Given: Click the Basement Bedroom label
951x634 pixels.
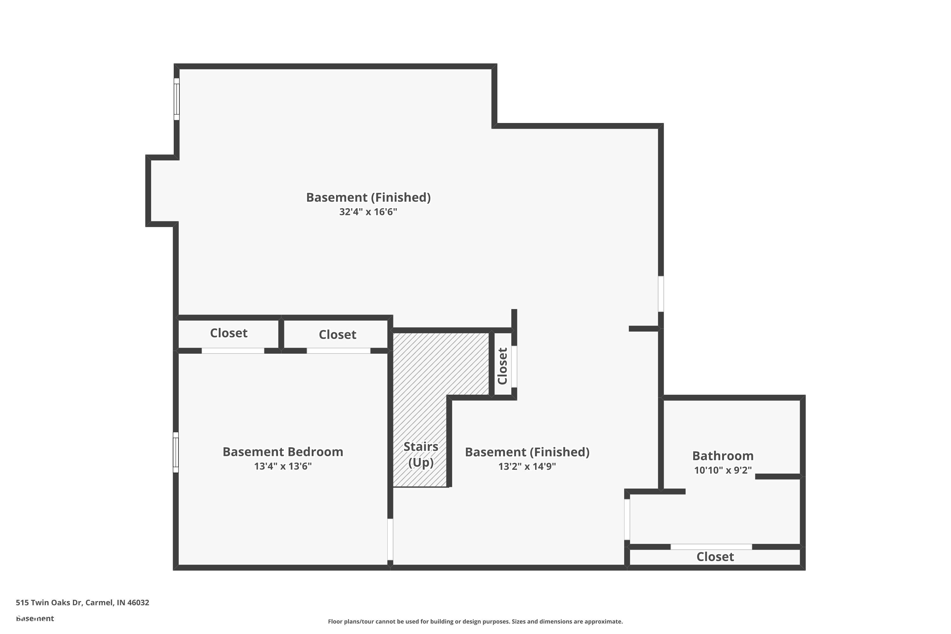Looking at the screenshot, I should coord(283,452).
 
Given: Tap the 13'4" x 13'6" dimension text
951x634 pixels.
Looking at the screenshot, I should coord(283,466).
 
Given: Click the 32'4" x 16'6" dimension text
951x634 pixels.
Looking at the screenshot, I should coord(368,212).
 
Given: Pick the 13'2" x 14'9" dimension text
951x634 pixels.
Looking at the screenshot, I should coord(527,467).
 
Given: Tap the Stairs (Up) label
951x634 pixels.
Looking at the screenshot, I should coord(421,455).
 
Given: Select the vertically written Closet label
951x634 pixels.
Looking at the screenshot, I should coord(502,366).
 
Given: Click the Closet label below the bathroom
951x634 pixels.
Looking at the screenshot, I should coord(715,557).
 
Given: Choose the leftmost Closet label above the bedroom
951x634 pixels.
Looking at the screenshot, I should coord(229,333).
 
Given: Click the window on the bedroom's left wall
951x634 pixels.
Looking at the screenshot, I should coord(176,452).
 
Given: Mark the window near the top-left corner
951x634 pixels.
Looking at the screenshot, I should coord(177,99).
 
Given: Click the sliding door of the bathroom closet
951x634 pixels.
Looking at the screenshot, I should coord(711,547).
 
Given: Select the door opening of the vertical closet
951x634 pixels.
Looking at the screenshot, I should coord(514,366).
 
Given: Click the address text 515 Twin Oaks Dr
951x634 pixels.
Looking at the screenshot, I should coord(82,603).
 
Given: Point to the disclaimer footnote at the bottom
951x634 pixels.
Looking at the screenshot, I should coord(475,621).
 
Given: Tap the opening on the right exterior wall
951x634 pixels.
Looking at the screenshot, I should coord(661,294).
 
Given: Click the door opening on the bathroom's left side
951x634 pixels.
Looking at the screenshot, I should coord(627,520).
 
